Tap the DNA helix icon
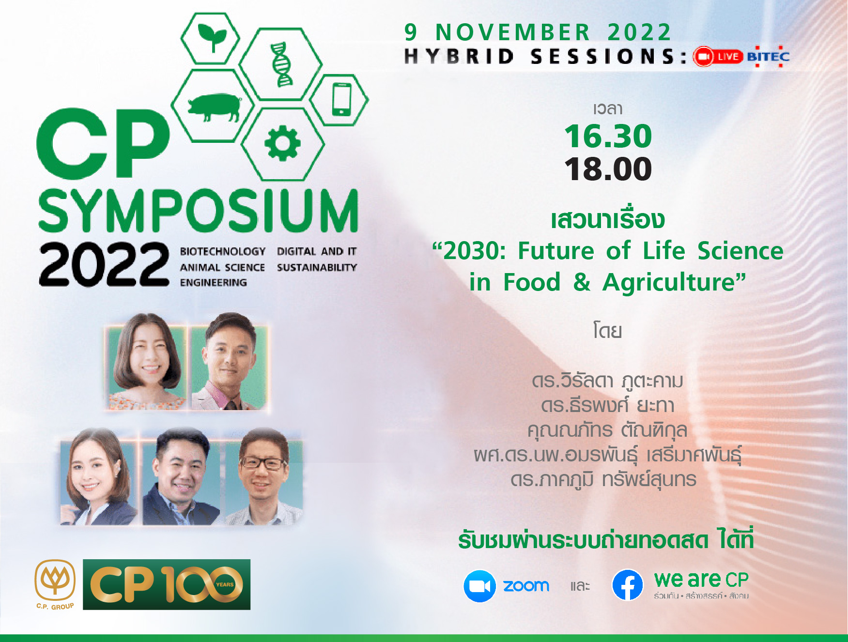(x=281, y=64)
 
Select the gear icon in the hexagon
(x=282, y=143)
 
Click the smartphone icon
(x=341, y=99)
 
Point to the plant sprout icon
(x=212, y=37)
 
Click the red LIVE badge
(x=718, y=57)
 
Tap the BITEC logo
(x=768, y=57)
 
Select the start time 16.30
(x=608, y=136)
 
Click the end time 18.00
(x=608, y=169)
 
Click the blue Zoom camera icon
(x=479, y=586)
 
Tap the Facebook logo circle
(x=628, y=585)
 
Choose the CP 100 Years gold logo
(x=167, y=584)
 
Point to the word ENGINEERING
(x=213, y=282)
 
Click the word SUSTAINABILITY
(x=317, y=267)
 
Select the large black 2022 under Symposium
(x=104, y=264)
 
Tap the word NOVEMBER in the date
(x=513, y=32)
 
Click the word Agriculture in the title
(x=674, y=282)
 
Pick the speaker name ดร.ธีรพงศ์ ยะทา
(x=607, y=405)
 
